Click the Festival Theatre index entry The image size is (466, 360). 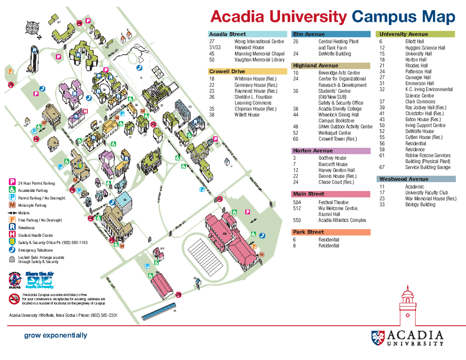click(x=333, y=202)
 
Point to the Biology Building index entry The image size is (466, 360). click(x=420, y=204)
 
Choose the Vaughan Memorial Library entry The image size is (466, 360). click(x=259, y=60)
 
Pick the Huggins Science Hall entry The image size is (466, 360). click(x=425, y=48)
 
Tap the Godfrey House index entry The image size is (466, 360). click(x=332, y=158)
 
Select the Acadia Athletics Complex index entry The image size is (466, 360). click(x=342, y=220)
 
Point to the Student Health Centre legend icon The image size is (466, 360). click(x=12, y=235)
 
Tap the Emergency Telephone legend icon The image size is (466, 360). click(x=12, y=250)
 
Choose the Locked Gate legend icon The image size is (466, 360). click(x=12, y=259)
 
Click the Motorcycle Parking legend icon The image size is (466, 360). click(x=12, y=205)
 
